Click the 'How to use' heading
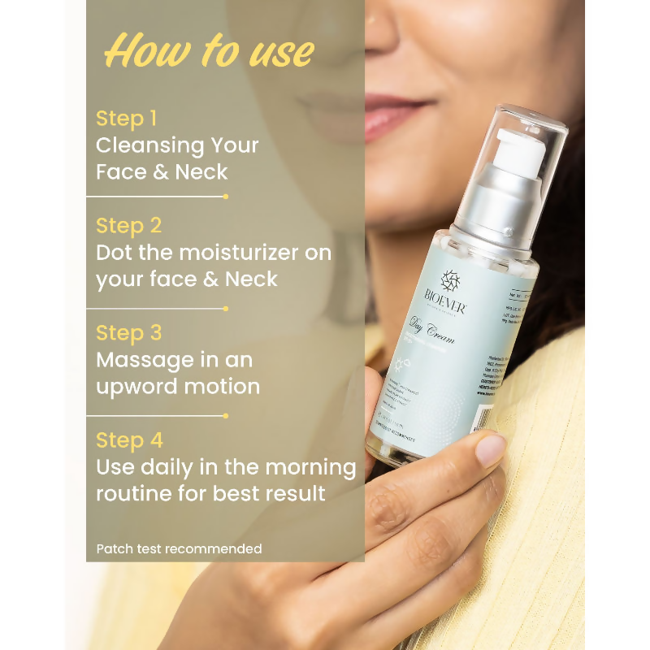click(209, 50)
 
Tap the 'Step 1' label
click(126, 119)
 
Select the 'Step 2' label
click(128, 225)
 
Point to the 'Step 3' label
click(128, 332)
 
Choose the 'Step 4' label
click(129, 440)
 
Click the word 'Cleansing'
click(142, 145)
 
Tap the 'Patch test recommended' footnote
click(179, 549)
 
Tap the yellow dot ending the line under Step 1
click(226, 196)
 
